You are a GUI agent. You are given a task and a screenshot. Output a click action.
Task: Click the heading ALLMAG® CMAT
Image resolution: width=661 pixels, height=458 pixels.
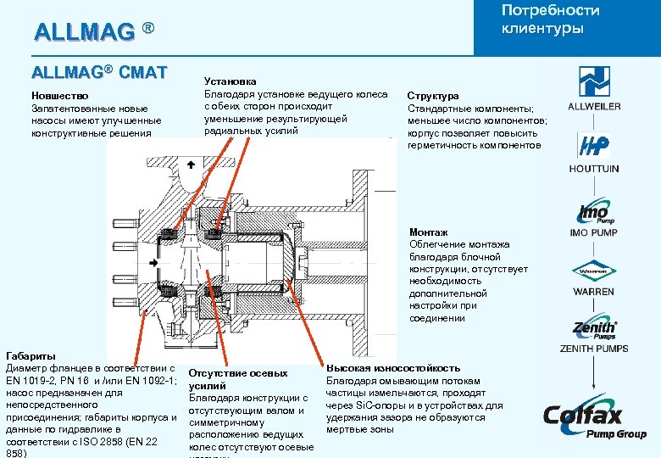(x=99, y=72)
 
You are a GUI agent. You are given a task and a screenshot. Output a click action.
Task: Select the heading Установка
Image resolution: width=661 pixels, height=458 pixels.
(x=231, y=81)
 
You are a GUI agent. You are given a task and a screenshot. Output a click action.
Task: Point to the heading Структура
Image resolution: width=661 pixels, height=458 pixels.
(x=433, y=97)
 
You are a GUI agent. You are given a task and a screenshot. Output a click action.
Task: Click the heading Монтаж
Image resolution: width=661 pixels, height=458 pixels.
(x=429, y=232)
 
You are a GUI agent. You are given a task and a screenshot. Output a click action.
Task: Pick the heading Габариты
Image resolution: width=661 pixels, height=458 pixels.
(x=32, y=356)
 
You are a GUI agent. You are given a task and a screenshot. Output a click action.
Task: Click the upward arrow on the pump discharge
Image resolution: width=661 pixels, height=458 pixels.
(x=191, y=164)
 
